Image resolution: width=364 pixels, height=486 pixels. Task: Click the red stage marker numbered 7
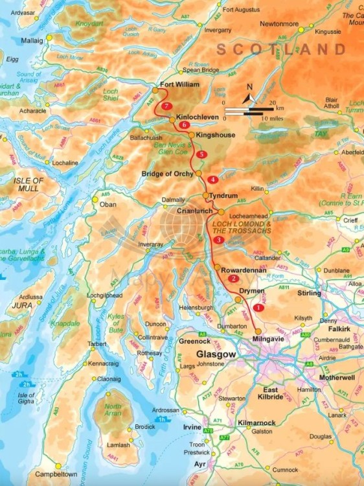[x=167, y=106]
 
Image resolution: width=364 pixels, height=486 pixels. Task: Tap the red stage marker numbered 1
[x=258, y=308]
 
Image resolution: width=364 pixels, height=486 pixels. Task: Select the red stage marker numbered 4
[x=212, y=179]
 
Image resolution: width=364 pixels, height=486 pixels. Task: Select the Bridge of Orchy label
[x=168, y=174]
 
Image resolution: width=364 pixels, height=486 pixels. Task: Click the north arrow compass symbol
[x=248, y=99]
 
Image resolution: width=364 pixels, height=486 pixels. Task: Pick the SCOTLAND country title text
[x=281, y=49]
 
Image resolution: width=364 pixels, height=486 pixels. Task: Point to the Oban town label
[x=108, y=205]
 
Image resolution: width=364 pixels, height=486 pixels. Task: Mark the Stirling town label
[x=309, y=293]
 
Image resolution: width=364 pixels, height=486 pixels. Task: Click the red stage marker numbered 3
[x=219, y=240]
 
